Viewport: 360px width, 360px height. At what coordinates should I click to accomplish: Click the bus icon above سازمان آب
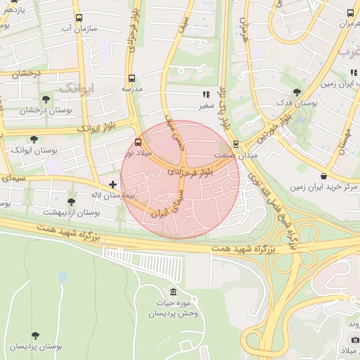point(77,18)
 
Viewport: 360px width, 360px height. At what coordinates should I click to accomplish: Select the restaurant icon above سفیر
point(205,94)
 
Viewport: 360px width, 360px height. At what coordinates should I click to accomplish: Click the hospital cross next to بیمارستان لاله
point(113,184)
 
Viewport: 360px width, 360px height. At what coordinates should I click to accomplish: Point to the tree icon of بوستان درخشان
point(46,99)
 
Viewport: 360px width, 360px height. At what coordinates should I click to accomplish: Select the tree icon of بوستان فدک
point(297,91)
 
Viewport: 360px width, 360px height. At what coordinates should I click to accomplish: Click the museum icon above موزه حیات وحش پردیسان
point(174,292)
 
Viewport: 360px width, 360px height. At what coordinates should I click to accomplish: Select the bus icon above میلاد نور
point(137,142)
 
